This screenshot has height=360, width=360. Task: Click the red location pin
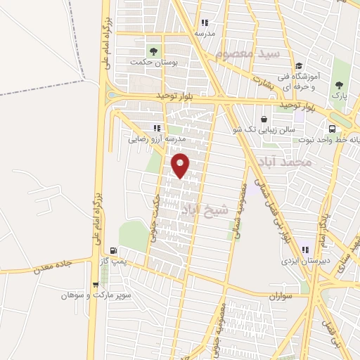(x=181, y=165)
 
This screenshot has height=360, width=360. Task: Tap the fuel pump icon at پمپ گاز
(x=112, y=250)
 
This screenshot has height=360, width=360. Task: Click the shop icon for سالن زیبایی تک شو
(x=264, y=120)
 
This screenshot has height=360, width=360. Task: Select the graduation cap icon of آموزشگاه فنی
(x=298, y=65)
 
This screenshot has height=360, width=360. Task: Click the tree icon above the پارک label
(x=340, y=84)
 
